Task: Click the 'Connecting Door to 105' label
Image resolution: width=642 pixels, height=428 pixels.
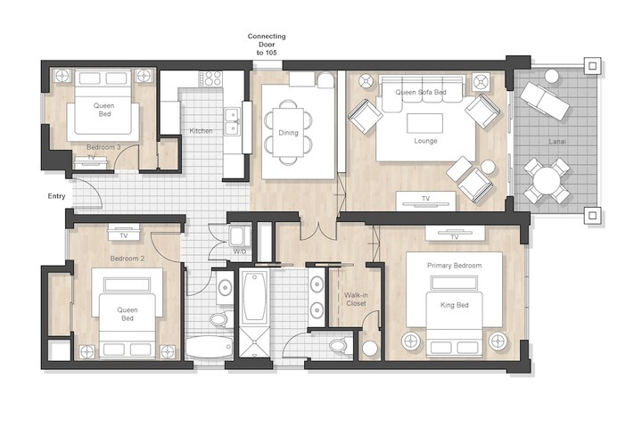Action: click(267, 45)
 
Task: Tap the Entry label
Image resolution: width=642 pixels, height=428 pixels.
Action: click(56, 196)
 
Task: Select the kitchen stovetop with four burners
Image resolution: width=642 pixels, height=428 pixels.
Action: click(210, 78)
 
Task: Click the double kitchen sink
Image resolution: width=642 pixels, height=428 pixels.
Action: click(232, 122)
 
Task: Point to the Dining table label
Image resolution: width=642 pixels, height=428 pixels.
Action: click(288, 133)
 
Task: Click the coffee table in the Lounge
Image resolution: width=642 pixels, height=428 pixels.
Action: click(424, 123)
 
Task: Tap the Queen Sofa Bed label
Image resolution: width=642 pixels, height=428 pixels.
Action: click(421, 92)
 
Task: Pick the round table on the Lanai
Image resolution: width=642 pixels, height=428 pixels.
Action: click(547, 181)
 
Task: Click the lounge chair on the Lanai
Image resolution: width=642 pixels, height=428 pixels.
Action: click(545, 100)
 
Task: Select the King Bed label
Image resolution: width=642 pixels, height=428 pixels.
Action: click(455, 305)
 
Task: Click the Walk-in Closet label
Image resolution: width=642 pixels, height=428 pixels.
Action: click(356, 300)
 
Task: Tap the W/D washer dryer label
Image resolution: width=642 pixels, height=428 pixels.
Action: click(240, 251)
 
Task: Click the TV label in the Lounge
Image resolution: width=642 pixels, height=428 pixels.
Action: click(426, 199)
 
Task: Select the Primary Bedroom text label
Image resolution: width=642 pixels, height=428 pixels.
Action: click(455, 266)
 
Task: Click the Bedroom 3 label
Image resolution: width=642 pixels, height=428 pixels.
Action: click(103, 147)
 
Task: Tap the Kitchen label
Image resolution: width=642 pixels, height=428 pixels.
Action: click(201, 131)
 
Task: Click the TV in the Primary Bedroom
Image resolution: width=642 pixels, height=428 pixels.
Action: click(455, 234)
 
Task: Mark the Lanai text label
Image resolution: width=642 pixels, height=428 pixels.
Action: click(557, 142)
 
